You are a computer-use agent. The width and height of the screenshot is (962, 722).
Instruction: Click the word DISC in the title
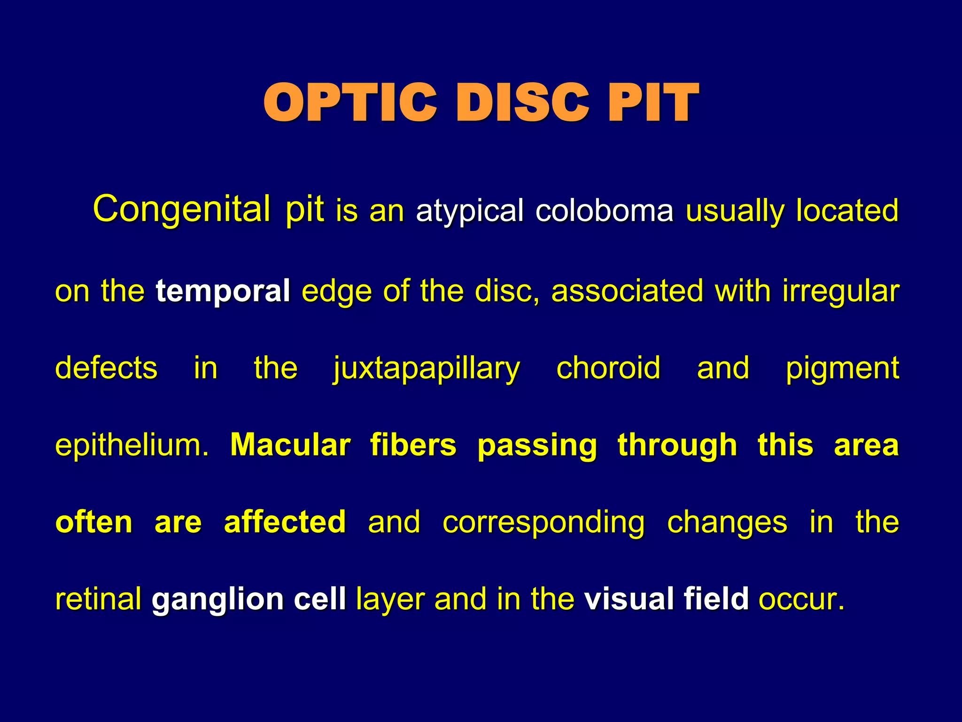click(x=521, y=102)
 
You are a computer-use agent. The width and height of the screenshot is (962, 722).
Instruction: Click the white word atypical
click(x=469, y=211)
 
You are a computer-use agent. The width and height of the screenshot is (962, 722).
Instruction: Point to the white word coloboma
click(x=604, y=210)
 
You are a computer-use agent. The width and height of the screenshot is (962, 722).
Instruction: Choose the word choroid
click(x=608, y=368)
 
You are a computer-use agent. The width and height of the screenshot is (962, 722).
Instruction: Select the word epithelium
click(x=132, y=445)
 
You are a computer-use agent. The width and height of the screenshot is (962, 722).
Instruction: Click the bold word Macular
click(x=290, y=445)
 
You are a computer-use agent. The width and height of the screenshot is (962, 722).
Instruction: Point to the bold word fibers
click(x=413, y=445)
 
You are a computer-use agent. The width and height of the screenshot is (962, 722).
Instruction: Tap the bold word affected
click(x=285, y=522)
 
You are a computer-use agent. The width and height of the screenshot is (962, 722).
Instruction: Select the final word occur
click(x=801, y=599)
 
